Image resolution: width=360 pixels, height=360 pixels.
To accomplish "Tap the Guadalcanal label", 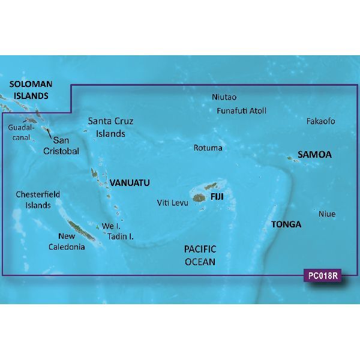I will click(22, 133).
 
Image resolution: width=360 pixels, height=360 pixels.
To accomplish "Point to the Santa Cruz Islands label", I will click(110, 127).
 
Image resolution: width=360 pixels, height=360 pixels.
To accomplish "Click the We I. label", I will click(112, 226).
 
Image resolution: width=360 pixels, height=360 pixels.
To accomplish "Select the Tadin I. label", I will click(121, 236).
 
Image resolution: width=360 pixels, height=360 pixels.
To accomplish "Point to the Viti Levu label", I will click(173, 203).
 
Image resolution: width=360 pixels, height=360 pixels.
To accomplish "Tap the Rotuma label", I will click(208, 148).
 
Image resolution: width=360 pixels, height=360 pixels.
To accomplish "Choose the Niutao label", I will click(224, 97).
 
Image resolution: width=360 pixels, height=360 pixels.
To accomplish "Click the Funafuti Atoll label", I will click(241, 110).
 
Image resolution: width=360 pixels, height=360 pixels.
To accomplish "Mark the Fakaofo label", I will click(320, 121).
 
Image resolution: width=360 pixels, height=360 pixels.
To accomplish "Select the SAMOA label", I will click(316, 155).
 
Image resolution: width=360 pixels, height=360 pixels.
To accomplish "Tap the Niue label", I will click(327, 214).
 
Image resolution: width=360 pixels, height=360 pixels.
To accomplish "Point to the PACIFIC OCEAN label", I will click(200, 255).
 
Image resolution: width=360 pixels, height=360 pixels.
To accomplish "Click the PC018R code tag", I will click(322, 277).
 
